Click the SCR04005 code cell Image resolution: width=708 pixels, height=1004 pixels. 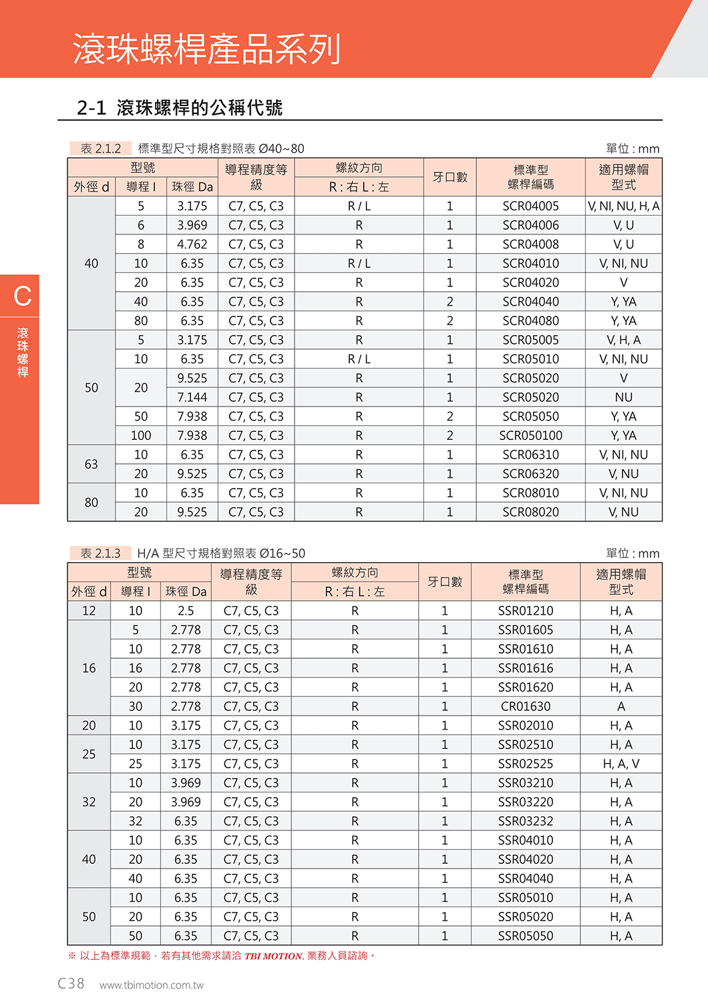tap(530, 206)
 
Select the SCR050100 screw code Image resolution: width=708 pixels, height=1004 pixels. tap(530, 436)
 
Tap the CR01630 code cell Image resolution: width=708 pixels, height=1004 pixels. tap(526, 707)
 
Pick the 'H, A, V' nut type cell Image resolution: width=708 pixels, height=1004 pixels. tap(621, 764)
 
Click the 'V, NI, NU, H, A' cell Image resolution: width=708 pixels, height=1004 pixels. tap(623, 206)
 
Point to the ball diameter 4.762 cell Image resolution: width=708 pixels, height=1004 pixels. tap(192, 244)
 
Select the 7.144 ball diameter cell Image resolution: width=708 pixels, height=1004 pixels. tap(192, 398)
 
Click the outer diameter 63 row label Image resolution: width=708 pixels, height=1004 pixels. tap(92, 465)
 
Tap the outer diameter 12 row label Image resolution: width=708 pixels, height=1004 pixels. tap(89, 611)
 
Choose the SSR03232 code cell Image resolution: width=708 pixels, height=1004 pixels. tap(526, 822)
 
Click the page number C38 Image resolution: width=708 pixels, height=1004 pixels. tap(71, 983)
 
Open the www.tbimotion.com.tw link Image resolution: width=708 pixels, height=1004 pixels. tap(152, 985)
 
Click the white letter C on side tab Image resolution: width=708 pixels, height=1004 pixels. tap(23, 296)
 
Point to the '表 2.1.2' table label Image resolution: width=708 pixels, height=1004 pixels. tap(101, 149)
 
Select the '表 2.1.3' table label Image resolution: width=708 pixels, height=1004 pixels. tap(101, 553)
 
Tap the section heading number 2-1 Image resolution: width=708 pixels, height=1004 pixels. tap(92, 107)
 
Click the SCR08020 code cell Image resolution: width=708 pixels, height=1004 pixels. tap(530, 513)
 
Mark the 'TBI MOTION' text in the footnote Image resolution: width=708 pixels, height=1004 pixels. tap(273, 956)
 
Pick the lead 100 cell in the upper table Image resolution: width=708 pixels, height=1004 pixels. tap(141, 436)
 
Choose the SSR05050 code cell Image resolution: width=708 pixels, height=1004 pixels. tap(526, 937)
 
